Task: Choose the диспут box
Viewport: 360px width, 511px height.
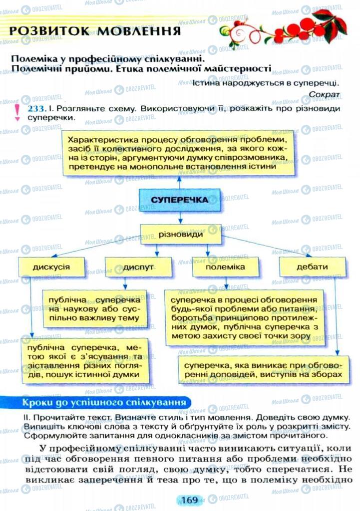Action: (x=136, y=267)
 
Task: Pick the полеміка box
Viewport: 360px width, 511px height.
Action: (x=225, y=267)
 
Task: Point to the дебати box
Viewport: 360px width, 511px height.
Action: (x=312, y=267)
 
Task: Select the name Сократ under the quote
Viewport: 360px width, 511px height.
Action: (x=324, y=93)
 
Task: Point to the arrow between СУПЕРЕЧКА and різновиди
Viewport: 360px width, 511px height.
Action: (x=179, y=217)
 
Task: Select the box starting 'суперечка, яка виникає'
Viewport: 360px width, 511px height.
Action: (x=262, y=368)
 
